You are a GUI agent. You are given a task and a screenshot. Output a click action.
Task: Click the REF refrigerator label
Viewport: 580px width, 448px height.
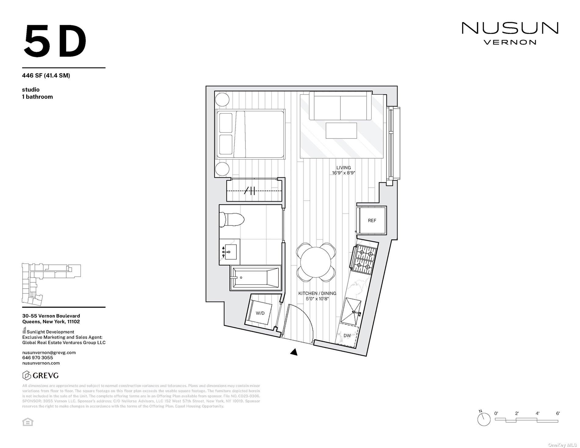tap(372, 220)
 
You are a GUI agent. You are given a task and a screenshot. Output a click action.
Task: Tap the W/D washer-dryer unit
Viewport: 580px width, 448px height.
tap(260, 313)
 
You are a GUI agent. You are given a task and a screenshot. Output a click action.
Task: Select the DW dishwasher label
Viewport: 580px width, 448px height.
tap(347, 336)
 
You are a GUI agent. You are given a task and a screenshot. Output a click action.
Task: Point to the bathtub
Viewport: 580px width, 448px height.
tap(256, 278)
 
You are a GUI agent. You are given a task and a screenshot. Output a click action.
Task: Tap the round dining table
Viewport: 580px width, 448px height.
tap(316, 262)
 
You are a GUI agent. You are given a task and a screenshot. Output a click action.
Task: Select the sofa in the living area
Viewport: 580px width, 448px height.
tap(340, 106)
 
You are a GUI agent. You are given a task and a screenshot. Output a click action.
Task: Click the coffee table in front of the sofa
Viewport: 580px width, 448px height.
tap(341, 130)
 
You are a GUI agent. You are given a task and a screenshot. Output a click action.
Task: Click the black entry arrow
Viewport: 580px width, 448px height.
tap(294, 352)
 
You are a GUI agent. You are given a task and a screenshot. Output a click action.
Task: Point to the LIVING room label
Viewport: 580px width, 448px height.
tap(343, 168)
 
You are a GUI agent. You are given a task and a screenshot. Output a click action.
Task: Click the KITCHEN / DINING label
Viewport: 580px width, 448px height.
tap(317, 293)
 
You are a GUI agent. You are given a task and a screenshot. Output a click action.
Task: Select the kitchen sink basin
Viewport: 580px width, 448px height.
tap(351, 311)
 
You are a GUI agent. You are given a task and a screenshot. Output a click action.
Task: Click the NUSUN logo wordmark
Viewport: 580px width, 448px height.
tap(510, 28)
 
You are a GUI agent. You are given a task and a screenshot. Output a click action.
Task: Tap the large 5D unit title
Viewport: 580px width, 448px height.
tap(55, 41)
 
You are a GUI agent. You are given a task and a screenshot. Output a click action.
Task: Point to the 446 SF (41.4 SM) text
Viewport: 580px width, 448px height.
tap(46, 75)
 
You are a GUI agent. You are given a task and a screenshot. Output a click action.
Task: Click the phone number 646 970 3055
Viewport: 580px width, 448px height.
tap(38, 358)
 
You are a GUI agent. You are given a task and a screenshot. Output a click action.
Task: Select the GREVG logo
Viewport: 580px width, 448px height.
tap(41, 375)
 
